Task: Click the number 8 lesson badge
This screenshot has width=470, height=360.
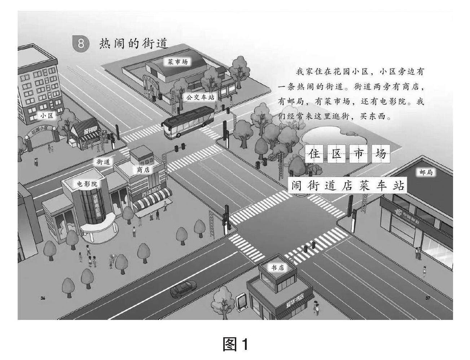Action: [x=81, y=44]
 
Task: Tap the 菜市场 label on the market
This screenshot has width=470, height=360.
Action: [x=177, y=62]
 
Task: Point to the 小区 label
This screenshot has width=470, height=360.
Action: [x=47, y=116]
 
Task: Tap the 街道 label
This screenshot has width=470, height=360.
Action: [x=103, y=162]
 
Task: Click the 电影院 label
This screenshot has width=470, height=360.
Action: [x=87, y=184]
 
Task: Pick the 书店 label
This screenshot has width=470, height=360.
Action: [x=278, y=268]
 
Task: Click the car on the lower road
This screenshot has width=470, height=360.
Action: [x=184, y=289]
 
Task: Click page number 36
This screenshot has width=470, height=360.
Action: [x=43, y=298]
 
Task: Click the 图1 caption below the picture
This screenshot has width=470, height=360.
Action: [x=235, y=344]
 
